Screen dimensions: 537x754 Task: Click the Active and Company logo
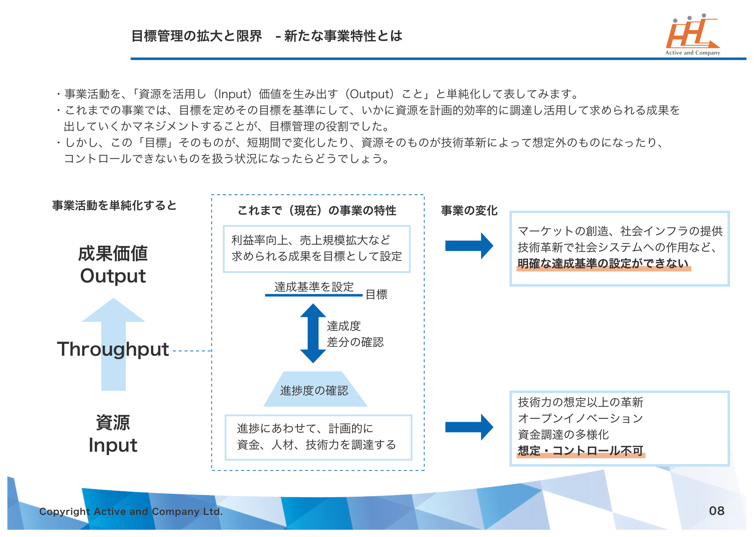pyautogui.click(x=692, y=35)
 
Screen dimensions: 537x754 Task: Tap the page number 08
pyautogui.click(x=717, y=511)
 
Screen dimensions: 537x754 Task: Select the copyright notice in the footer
pyautogui.click(x=131, y=511)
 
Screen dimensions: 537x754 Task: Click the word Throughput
pyautogui.click(x=113, y=349)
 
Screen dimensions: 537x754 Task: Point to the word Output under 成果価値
pyautogui.click(x=113, y=276)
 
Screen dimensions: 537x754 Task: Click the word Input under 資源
pyautogui.click(x=113, y=445)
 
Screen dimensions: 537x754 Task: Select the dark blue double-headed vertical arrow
pyautogui.click(x=313, y=333)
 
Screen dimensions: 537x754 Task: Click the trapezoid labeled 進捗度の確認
pyautogui.click(x=314, y=390)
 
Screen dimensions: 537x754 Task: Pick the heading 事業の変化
pyautogui.click(x=469, y=211)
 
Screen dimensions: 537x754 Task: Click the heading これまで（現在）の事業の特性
pyautogui.click(x=317, y=211)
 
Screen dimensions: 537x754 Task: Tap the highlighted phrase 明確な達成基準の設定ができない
pyautogui.click(x=603, y=264)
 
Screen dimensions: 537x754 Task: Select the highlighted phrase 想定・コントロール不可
pyautogui.click(x=580, y=451)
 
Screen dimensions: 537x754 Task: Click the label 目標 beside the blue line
pyautogui.click(x=376, y=294)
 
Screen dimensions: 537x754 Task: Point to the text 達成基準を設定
pyautogui.click(x=314, y=287)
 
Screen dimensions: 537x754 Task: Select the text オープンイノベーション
pyautogui.click(x=580, y=418)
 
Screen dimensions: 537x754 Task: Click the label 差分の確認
pyautogui.click(x=355, y=342)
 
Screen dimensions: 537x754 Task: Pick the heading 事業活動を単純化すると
pyautogui.click(x=114, y=206)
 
